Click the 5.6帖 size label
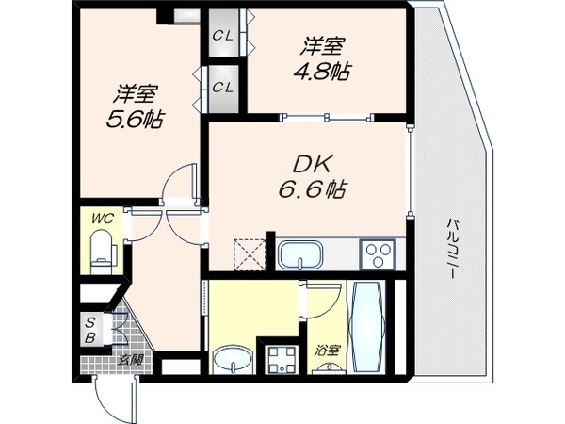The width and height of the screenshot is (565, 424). tap(137, 122)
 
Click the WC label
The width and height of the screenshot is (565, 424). tap(102, 219)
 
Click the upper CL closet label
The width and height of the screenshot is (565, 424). tap(223, 36)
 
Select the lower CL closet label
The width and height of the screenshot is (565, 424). tap(223, 88)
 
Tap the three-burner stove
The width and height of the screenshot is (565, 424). tap(379, 253)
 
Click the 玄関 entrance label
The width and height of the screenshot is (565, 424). tap(129, 358)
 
